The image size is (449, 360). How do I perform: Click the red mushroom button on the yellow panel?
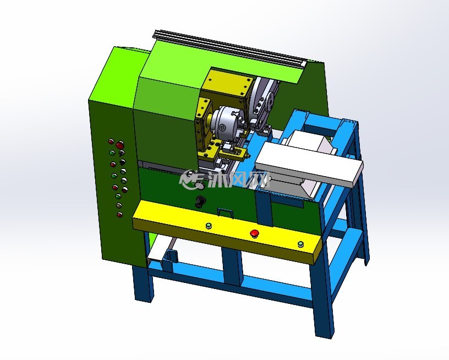(254, 234)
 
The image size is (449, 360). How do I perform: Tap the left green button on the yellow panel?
(209, 226)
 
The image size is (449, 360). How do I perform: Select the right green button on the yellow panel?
(300, 244)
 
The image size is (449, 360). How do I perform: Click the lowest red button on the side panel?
(120, 215)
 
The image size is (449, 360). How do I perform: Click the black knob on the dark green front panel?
(199, 201)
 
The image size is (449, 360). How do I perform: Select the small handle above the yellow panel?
(226, 212)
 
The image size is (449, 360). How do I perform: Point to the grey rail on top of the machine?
(228, 47)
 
